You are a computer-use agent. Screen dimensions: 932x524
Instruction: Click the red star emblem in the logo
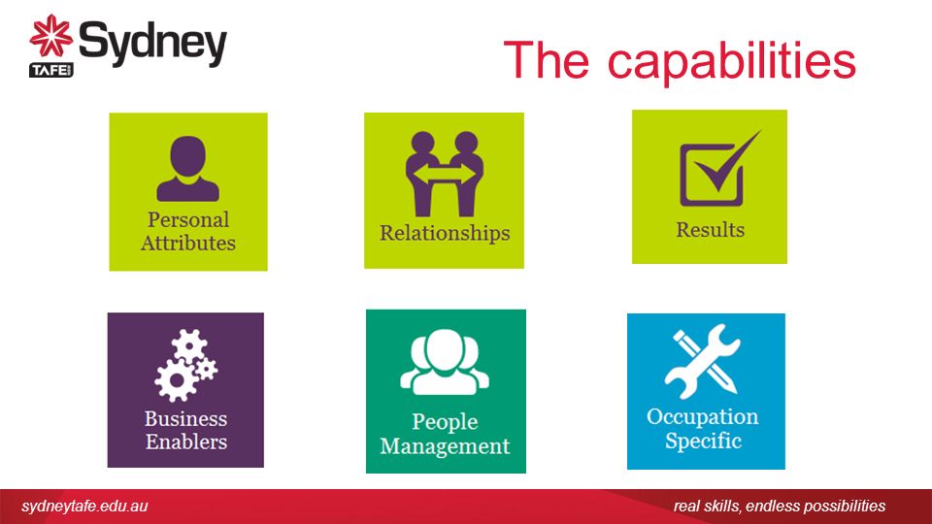[51, 36]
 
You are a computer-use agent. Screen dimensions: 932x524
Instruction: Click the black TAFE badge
[51, 70]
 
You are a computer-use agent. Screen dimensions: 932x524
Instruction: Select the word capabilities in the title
[732, 62]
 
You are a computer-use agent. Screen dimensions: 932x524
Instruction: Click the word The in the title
[547, 59]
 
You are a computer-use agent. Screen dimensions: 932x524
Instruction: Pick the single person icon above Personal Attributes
[187, 169]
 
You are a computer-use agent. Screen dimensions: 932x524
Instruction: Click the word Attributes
[188, 243]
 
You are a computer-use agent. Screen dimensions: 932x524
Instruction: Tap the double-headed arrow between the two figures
[445, 174]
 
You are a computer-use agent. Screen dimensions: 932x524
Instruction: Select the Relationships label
[446, 234]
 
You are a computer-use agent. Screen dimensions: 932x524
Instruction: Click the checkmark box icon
[719, 169]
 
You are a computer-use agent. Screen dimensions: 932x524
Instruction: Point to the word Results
[711, 230]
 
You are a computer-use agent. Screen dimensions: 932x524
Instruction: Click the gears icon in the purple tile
[186, 366]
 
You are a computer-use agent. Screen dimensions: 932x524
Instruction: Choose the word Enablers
[186, 442]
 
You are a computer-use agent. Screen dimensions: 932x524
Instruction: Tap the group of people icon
[446, 362]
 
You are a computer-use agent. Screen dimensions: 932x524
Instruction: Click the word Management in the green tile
[446, 446]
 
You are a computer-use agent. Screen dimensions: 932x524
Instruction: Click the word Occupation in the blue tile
[703, 417]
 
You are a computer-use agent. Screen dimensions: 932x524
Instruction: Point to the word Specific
[703, 442]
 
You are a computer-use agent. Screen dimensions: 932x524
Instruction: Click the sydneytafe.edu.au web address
[84, 507]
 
